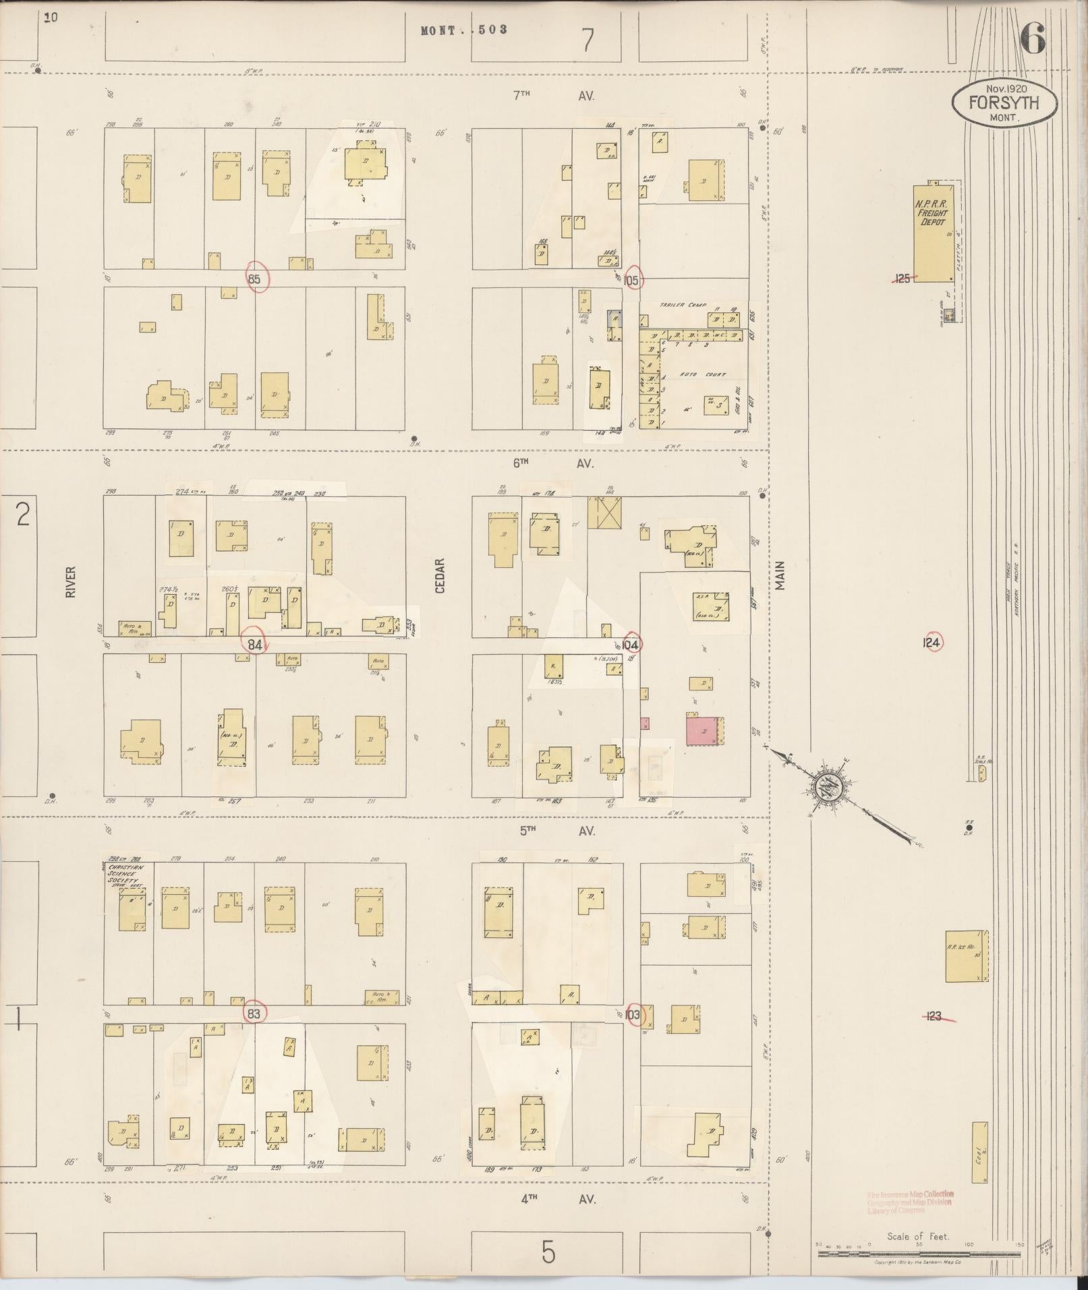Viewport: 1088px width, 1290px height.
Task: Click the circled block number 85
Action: click(256, 278)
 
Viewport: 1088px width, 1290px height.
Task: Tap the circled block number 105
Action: click(633, 281)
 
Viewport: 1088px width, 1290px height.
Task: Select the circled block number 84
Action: click(255, 644)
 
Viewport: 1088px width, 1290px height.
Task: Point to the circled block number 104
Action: click(632, 644)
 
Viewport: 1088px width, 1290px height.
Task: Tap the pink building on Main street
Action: click(702, 731)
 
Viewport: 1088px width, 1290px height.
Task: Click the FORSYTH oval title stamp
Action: click(1004, 103)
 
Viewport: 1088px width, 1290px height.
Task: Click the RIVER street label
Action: click(71, 581)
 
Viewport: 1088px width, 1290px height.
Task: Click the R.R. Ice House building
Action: click(965, 956)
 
